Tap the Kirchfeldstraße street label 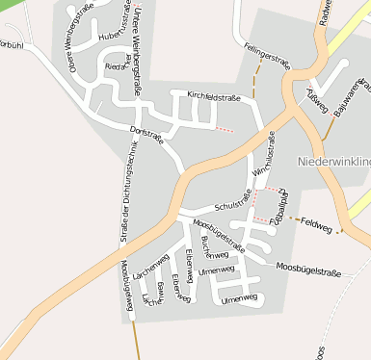coord(213,97)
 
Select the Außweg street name coord(317,99)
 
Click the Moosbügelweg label coord(125,285)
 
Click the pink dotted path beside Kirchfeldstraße coord(224,128)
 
